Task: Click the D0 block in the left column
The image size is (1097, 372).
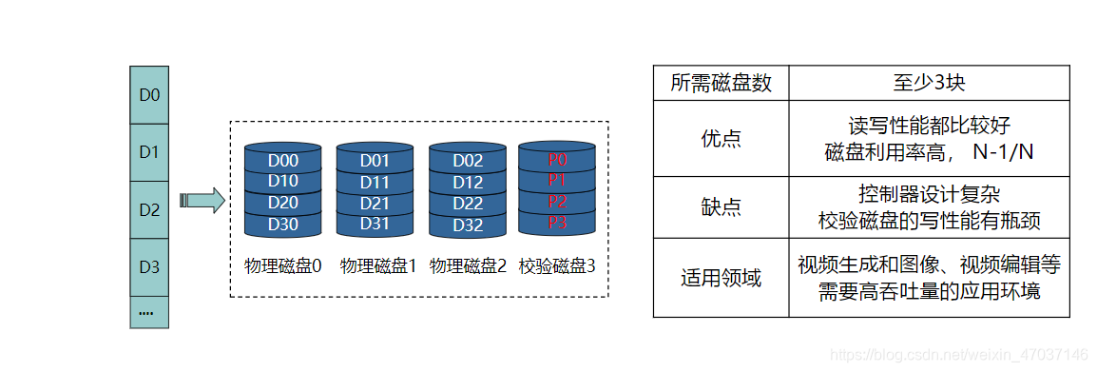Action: [149, 94]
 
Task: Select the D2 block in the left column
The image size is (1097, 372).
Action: [149, 209]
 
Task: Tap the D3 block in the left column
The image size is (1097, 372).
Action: [149, 267]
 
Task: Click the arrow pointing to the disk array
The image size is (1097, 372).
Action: [202, 200]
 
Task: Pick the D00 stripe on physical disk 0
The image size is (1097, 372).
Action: [282, 161]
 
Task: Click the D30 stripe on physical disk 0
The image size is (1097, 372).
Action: [282, 225]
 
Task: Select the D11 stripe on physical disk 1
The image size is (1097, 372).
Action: [375, 182]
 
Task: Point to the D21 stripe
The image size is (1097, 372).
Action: [375, 203]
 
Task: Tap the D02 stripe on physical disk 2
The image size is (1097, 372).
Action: [468, 161]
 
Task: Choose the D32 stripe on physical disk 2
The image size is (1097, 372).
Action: [468, 225]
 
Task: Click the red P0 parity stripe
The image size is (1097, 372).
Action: [557, 160]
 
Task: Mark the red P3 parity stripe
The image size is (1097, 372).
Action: [557, 223]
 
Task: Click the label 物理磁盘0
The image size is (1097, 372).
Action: [283, 266]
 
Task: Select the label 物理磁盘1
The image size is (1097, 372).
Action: [377, 266]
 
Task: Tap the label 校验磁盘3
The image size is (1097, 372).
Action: [557, 266]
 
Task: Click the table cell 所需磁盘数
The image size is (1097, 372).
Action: [721, 83]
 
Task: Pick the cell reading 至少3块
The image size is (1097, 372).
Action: [928, 83]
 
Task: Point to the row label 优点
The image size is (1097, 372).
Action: [721, 138]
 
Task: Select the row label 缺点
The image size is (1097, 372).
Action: [721, 207]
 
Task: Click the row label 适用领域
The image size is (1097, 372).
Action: [721, 278]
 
